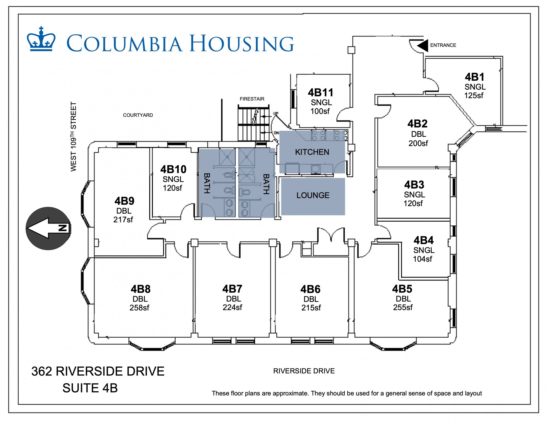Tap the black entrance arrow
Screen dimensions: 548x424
pyautogui.click(x=423, y=45)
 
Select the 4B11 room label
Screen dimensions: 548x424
pyautogui.click(x=321, y=92)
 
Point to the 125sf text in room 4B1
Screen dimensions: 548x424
pyautogui.click(x=474, y=95)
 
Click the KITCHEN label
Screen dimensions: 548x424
pyautogui.click(x=312, y=152)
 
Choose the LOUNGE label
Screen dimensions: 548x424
pyautogui.click(x=313, y=195)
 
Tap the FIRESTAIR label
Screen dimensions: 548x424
pyautogui.click(x=252, y=99)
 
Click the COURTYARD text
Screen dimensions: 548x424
pyautogui.click(x=138, y=115)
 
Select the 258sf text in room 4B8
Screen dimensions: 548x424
pyautogui.click(x=139, y=307)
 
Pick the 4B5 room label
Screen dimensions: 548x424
pyautogui.click(x=402, y=289)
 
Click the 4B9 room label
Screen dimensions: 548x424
pyautogui.click(x=124, y=201)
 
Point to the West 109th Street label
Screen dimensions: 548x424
pyautogui.click(x=73, y=137)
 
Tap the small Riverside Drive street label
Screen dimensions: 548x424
pyautogui.click(x=304, y=371)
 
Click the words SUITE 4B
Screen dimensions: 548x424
pyautogui.click(x=90, y=388)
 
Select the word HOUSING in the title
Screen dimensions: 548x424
pyautogui.click(x=242, y=44)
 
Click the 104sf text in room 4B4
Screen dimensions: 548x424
pyautogui.click(x=423, y=259)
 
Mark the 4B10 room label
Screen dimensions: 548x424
pyautogui.click(x=173, y=169)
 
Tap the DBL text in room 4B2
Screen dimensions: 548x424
pyautogui.click(x=419, y=134)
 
